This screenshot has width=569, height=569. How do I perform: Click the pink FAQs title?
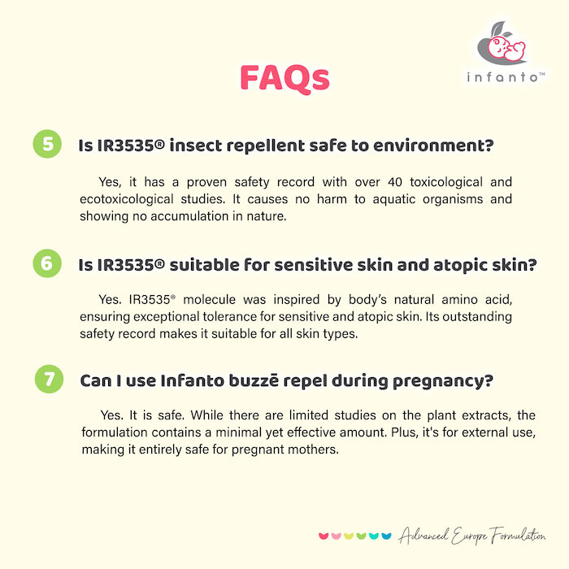tap(284, 79)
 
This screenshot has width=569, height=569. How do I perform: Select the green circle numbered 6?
tap(47, 263)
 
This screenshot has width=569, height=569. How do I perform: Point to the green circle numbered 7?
tap(50, 379)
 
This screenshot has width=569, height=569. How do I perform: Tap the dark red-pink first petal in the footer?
tap(323, 536)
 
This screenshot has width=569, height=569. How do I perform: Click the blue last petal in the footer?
tap(386, 536)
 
